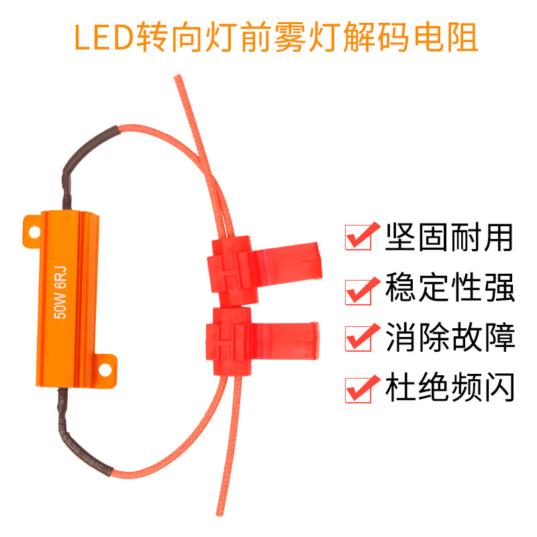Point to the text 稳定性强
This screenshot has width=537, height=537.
coord(449,288)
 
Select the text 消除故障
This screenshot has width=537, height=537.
coord(449,337)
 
